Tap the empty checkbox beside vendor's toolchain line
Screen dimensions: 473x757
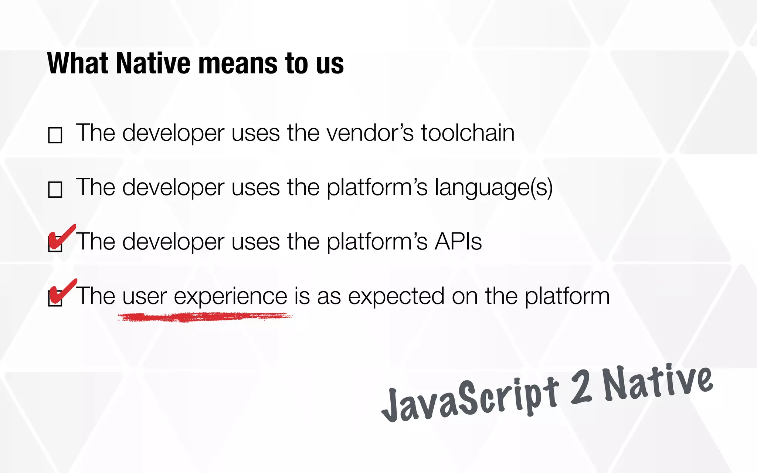(55, 135)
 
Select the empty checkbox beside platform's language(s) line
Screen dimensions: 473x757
(55, 190)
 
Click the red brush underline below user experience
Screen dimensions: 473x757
(205, 317)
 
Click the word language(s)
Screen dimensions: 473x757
(493, 188)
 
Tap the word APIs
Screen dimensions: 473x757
(458, 242)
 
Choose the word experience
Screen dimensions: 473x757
(230, 296)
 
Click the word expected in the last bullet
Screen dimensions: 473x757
(396, 296)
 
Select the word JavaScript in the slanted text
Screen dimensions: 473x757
(469, 401)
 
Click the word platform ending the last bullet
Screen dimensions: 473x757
(567, 296)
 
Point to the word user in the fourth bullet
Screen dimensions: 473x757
(145, 296)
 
